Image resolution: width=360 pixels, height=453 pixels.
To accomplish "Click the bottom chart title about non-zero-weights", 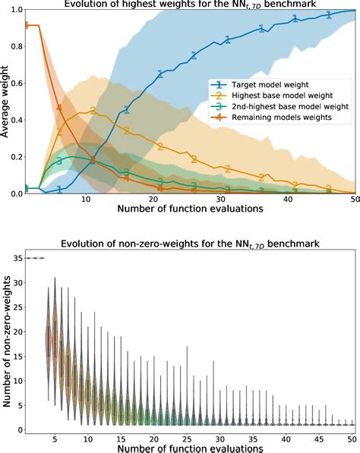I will tap(191, 244).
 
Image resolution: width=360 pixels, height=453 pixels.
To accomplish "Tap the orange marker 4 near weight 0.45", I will tap(60, 109).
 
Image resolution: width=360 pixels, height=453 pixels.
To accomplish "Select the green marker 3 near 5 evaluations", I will tap(59, 161).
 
